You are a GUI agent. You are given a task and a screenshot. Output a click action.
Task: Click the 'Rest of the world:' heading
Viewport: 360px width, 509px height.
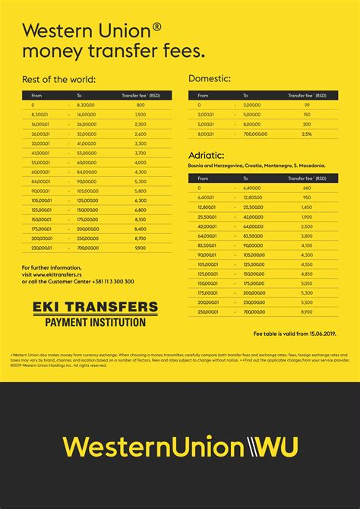click(x=59, y=79)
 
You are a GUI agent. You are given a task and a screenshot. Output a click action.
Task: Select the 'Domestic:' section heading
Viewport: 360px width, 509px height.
click(x=209, y=78)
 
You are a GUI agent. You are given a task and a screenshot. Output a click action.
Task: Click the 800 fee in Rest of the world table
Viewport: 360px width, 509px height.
click(x=141, y=104)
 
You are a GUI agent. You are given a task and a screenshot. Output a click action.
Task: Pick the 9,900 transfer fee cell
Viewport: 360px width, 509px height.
click(x=141, y=248)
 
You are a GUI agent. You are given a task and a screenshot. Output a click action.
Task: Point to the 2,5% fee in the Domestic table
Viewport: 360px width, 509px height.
click(x=307, y=133)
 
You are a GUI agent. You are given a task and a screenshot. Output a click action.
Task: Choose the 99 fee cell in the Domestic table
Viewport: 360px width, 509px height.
click(x=307, y=104)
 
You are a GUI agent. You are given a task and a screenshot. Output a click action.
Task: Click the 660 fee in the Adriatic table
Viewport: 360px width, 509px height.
click(x=307, y=188)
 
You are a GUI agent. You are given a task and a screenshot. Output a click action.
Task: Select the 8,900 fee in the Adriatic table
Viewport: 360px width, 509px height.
click(x=307, y=311)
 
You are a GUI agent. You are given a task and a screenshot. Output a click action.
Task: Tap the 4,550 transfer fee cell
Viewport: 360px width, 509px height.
click(x=307, y=264)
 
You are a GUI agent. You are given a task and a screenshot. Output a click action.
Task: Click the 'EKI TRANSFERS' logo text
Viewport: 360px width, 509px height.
click(x=96, y=308)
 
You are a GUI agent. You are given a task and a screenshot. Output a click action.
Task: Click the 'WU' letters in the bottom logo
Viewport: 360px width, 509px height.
click(x=273, y=446)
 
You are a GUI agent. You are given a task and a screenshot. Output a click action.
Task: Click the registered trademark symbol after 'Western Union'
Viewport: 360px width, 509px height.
click(x=156, y=27)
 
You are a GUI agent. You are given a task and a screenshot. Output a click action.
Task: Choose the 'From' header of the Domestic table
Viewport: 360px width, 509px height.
click(x=203, y=96)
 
